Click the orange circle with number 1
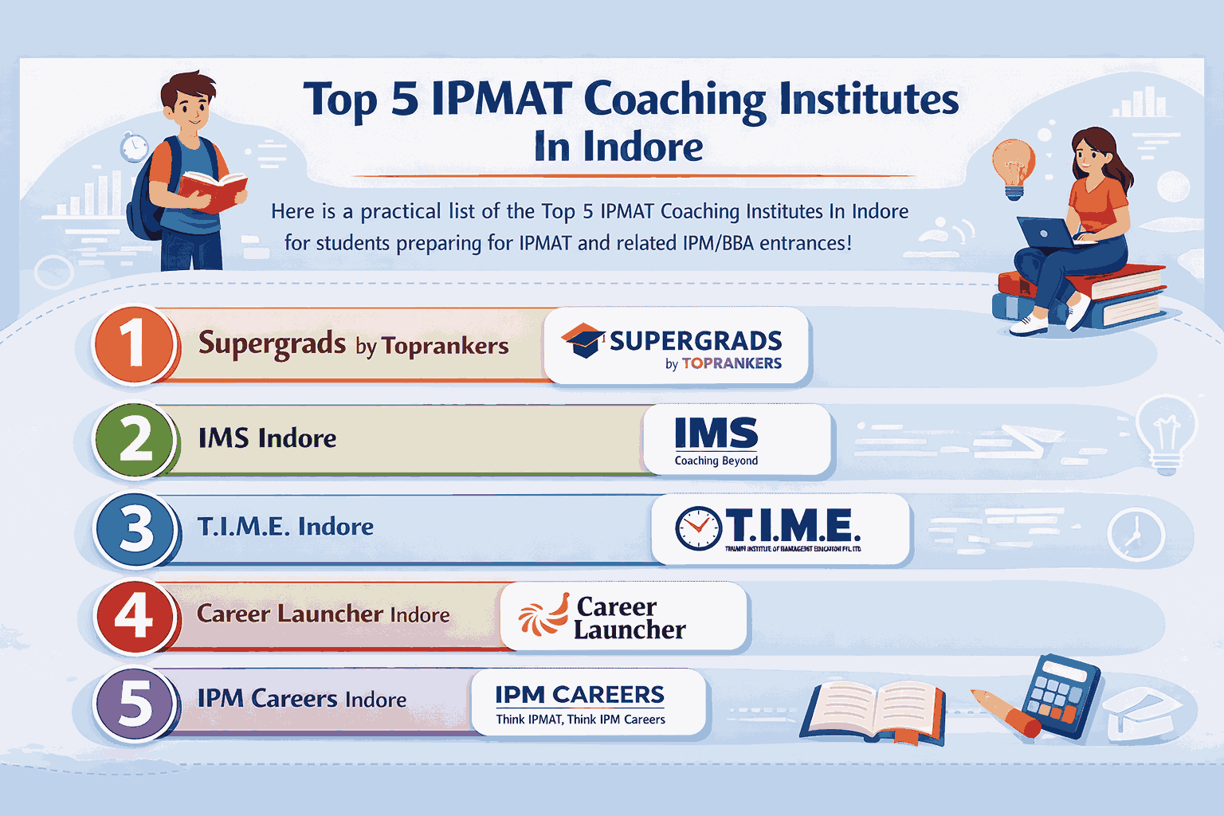click(x=133, y=346)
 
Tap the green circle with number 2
click(x=133, y=439)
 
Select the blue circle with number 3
click(x=134, y=529)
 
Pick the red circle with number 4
click(x=134, y=616)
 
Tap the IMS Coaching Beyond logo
click(x=716, y=440)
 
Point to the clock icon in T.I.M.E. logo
click(x=698, y=528)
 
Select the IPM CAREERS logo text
click(x=579, y=695)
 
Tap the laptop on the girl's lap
click(x=1046, y=233)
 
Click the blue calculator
click(x=1061, y=687)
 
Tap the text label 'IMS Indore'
click(x=267, y=438)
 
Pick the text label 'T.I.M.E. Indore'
click(x=285, y=527)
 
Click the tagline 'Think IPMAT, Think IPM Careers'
click(x=580, y=720)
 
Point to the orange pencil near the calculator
click(x=1006, y=712)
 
